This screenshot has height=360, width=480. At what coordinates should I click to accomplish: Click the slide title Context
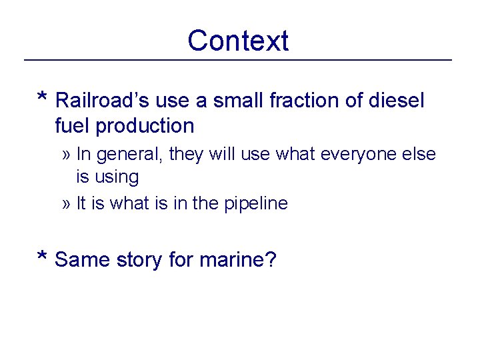238,41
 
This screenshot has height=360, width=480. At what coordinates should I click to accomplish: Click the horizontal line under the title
238,61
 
